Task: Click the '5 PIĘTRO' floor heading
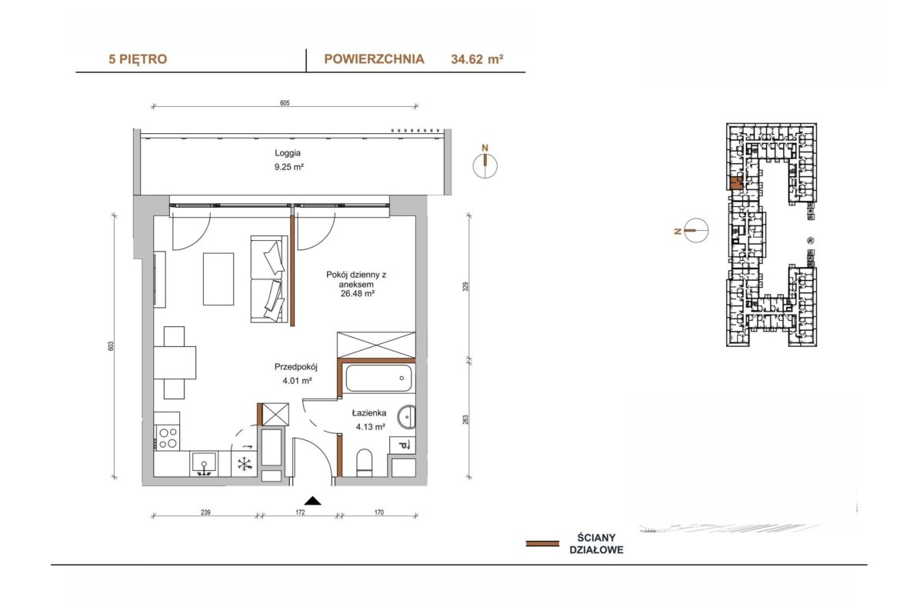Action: tap(138, 59)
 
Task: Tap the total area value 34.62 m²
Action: tap(477, 58)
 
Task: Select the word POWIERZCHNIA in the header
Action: tap(375, 58)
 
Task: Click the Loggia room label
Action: tap(288, 153)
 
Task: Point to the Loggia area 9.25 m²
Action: tap(288, 167)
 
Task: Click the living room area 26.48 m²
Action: tap(357, 293)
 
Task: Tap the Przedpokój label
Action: tap(296, 366)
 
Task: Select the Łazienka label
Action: tap(369, 413)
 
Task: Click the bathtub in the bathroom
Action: tap(378, 379)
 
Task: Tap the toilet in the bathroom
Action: tap(365, 462)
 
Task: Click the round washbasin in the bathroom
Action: tap(406, 417)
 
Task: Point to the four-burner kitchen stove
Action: tap(167, 438)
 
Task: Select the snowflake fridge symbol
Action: tap(245, 464)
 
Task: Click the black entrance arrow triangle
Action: tap(312, 501)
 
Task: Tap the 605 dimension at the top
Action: tap(285, 103)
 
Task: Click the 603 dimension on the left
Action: tap(111, 346)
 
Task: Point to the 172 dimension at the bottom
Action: tap(300, 512)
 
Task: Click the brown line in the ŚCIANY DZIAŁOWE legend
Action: tap(542, 543)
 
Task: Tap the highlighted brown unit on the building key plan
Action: tap(736, 183)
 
